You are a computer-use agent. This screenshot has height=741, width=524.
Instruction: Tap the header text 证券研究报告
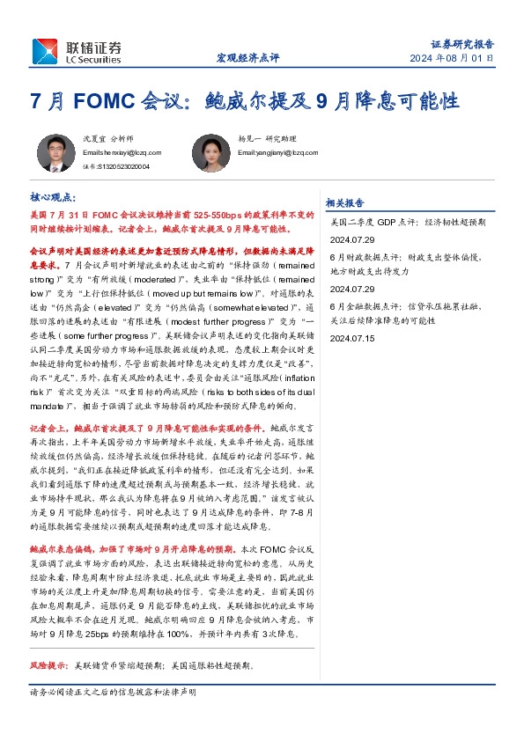[462, 43]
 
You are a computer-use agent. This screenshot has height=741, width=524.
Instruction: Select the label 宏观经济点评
[247, 58]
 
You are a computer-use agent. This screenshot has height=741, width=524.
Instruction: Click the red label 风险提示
[48, 664]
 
